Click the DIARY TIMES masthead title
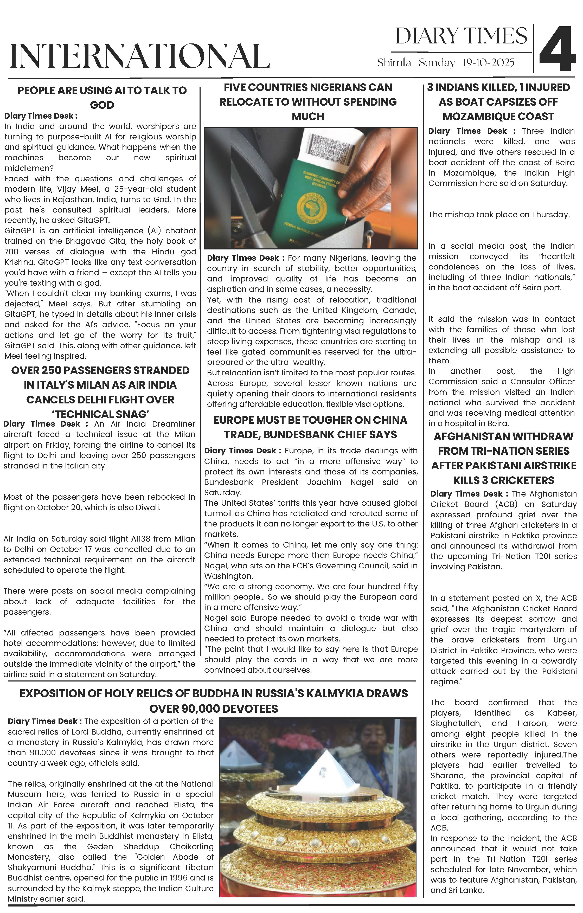461,36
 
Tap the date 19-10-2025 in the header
489,63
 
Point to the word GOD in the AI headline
102,105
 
